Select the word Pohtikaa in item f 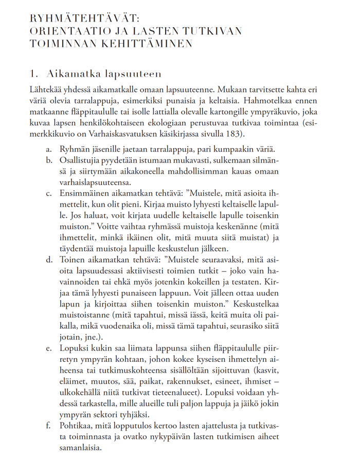tap(78, 426)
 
